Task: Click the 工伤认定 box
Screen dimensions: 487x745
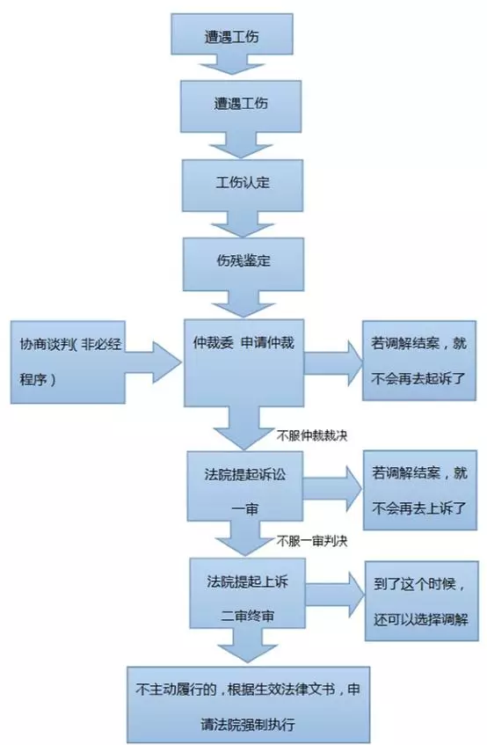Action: click(x=243, y=186)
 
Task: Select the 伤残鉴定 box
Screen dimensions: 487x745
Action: click(x=243, y=264)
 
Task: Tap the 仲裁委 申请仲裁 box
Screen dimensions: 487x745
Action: click(x=244, y=363)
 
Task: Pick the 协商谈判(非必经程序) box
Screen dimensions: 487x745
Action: click(x=68, y=362)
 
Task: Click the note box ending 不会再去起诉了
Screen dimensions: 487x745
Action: click(x=419, y=361)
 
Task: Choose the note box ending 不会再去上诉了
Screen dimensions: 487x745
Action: click(x=420, y=490)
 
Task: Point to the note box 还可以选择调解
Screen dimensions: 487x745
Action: click(x=421, y=601)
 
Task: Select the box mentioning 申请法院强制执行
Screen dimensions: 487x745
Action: click(x=248, y=705)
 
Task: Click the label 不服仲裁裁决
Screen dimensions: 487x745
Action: click(x=312, y=435)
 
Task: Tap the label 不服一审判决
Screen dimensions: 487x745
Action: click(x=312, y=541)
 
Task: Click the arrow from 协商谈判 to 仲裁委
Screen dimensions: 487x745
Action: click(x=154, y=362)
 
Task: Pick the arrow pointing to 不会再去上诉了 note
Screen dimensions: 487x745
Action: click(x=332, y=489)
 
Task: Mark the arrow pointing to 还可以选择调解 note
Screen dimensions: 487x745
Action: click(x=335, y=595)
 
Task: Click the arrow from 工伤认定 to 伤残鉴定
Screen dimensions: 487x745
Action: click(x=243, y=224)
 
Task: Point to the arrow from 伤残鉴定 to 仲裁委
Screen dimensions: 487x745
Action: click(x=243, y=304)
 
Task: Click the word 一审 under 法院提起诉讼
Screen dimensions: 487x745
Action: click(x=245, y=510)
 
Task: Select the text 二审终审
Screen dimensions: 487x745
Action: click(x=248, y=617)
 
